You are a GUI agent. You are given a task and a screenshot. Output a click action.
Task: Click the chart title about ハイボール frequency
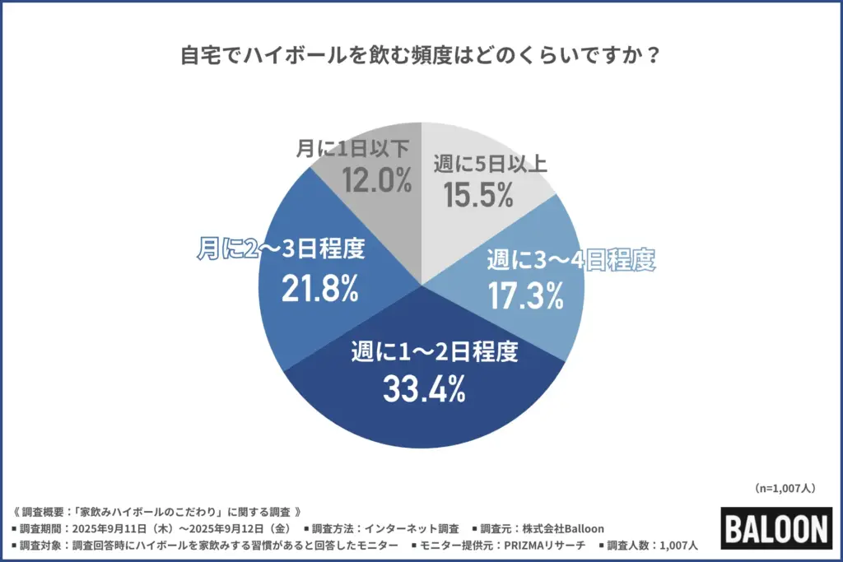click(x=421, y=58)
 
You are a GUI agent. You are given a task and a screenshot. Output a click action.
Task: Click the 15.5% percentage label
click(x=478, y=195)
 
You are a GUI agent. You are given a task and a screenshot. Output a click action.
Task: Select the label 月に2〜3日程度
click(x=281, y=249)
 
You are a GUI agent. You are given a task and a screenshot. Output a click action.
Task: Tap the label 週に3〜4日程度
click(x=570, y=261)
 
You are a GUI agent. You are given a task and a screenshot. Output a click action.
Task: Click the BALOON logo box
click(x=776, y=527)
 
